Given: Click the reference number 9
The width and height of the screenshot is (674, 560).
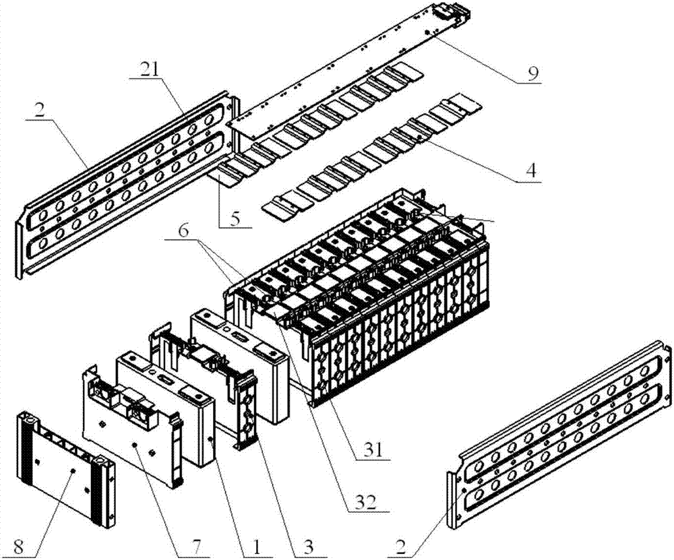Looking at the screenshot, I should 533,73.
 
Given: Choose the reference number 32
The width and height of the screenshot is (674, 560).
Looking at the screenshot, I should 365,502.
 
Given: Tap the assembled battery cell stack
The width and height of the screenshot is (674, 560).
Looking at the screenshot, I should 377,297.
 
